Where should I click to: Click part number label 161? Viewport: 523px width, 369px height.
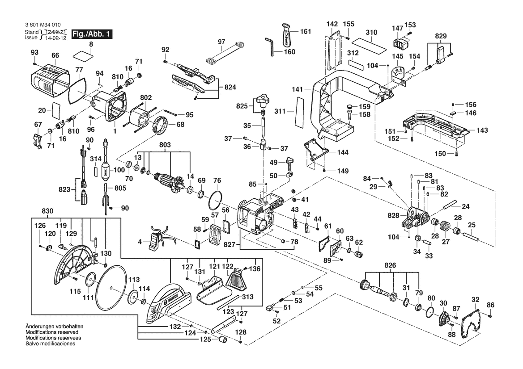(306, 32)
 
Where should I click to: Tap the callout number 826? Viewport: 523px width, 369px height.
(391, 265)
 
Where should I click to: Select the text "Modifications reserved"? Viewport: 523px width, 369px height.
(52, 333)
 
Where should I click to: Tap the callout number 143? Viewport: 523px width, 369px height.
(481, 130)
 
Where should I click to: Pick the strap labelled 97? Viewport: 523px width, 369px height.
(224, 54)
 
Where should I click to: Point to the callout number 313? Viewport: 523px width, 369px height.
(247, 297)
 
